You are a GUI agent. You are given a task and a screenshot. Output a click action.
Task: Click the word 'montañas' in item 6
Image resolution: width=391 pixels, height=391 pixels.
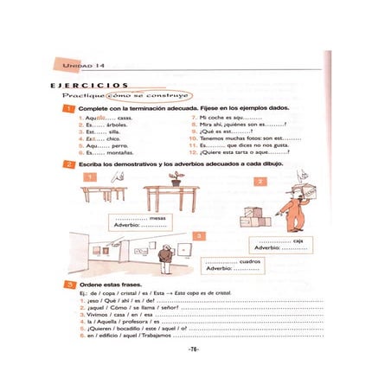tap(120, 152)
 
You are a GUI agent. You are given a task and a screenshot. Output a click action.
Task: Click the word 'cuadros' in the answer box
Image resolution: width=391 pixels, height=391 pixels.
tap(251, 260)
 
